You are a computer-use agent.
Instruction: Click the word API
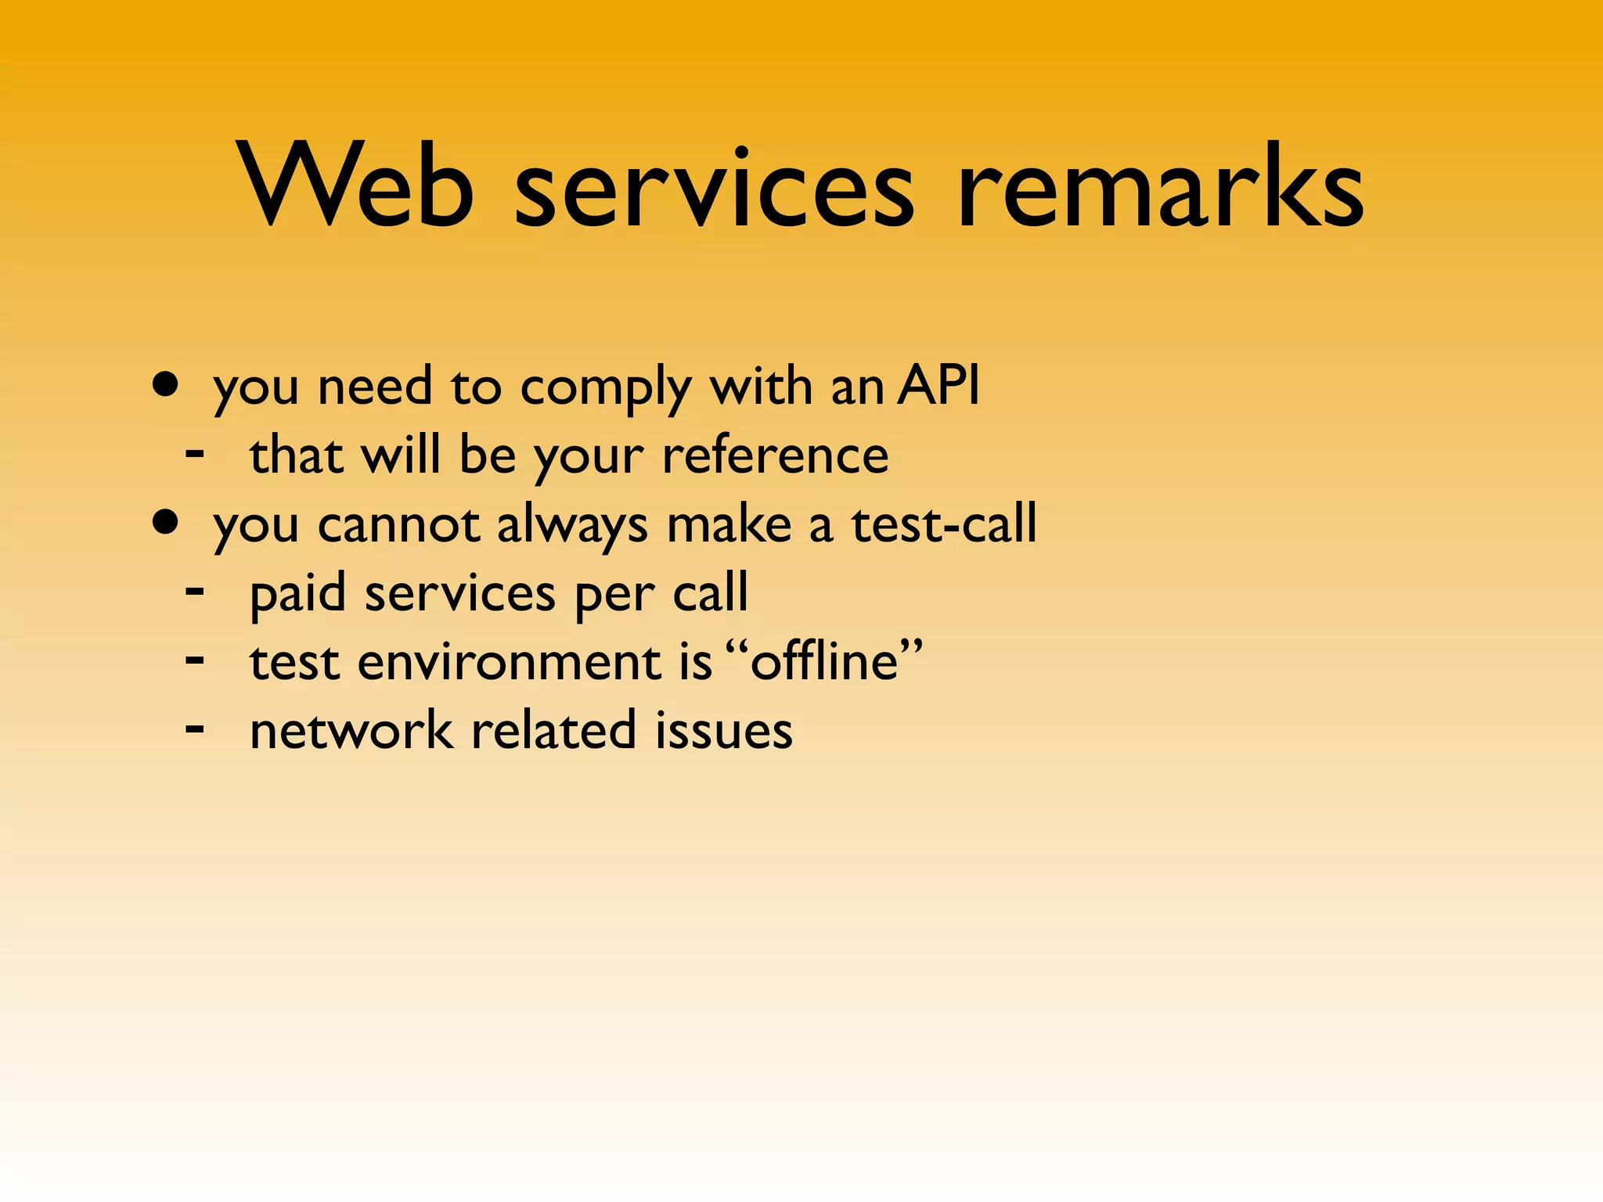pos(938,385)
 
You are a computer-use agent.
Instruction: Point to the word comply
pos(606,389)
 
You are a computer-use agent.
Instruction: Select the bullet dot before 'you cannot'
pos(165,522)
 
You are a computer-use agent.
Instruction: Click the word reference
pos(775,455)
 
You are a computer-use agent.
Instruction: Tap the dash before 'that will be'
pos(195,452)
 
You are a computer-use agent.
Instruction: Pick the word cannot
pos(398,524)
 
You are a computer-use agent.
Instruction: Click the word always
pos(572,526)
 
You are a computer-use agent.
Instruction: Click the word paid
pos(297,594)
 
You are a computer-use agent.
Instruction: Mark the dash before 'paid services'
pos(195,589)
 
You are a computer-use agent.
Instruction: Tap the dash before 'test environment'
pos(195,659)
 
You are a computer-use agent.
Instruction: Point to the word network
pos(351,730)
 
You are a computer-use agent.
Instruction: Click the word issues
pos(723,730)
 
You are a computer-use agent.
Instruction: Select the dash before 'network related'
pos(195,728)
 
